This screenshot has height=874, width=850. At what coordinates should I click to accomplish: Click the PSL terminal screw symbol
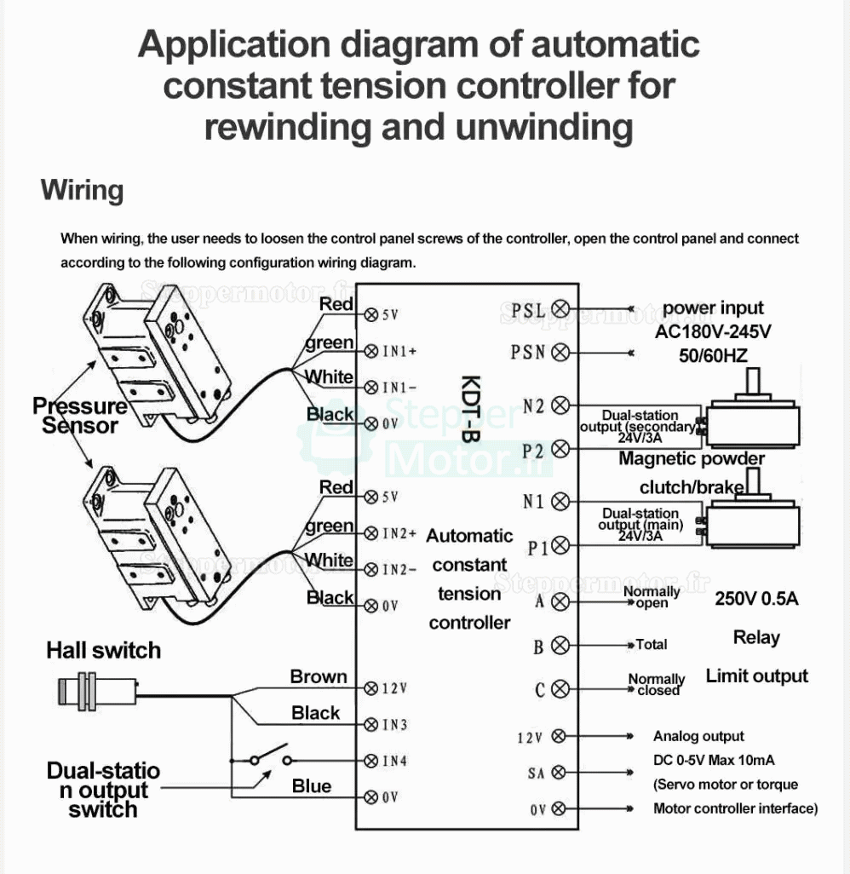(561, 308)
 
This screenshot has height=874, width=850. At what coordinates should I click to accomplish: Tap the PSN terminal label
(528, 352)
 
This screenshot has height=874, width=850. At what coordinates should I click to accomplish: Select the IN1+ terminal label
(399, 351)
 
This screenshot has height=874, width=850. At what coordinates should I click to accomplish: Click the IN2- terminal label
(399, 569)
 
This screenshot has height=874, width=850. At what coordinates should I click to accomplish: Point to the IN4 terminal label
(394, 761)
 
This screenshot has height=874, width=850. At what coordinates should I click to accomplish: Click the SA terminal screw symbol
(559, 773)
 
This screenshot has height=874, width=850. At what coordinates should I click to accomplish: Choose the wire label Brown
(319, 676)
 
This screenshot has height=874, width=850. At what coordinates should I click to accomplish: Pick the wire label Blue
(312, 785)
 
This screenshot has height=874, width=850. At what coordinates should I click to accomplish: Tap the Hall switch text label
(103, 651)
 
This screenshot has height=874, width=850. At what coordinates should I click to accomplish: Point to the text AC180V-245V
(713, 331)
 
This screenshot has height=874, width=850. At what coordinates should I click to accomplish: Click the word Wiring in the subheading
(82, 189)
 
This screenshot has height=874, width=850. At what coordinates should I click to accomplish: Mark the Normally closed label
(657, 685)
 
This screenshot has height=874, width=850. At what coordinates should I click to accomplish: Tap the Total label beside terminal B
(651, 645)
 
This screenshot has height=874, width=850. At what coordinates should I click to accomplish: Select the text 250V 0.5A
(756, 599)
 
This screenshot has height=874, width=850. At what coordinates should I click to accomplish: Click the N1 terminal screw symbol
(560, 501)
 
